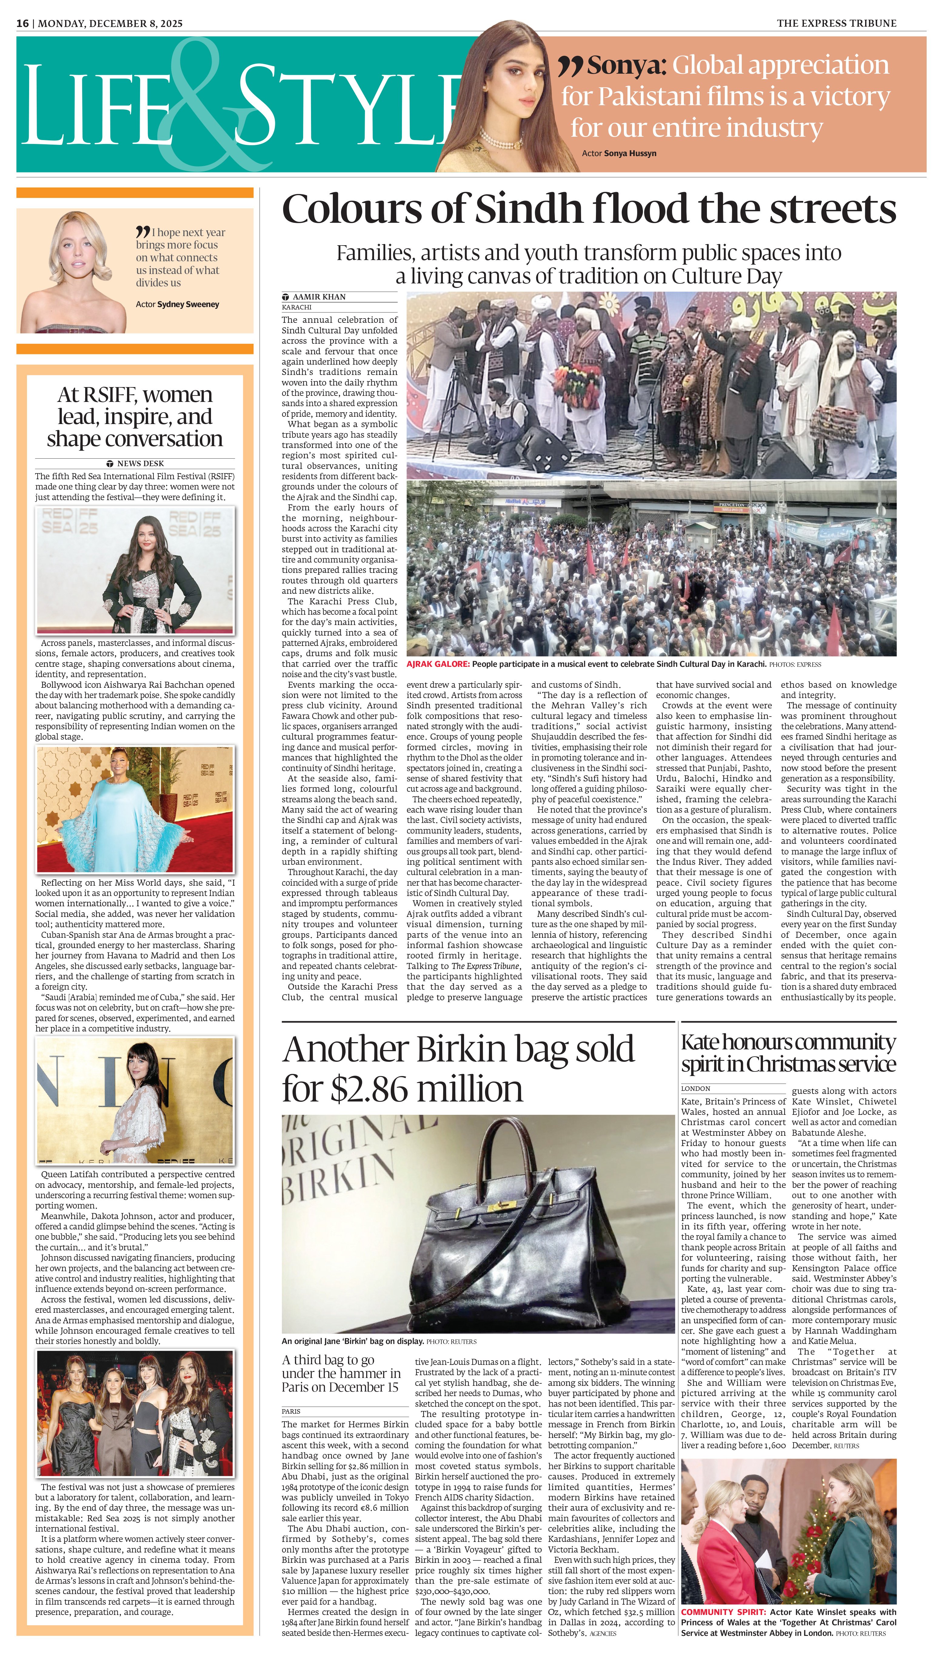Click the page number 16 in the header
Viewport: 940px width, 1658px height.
tap(23, 23)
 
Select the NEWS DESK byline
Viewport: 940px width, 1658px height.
tap(140, 463)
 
